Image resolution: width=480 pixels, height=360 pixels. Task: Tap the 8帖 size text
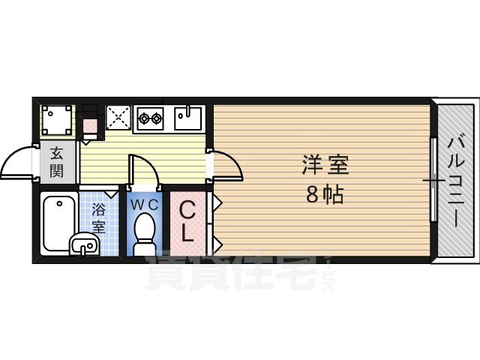pos(325,195)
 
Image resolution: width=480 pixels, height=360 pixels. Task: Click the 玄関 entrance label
pos(58,162)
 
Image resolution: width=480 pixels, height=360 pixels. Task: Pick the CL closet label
pos(188,220)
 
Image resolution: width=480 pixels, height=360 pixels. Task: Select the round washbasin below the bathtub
pos(83,244)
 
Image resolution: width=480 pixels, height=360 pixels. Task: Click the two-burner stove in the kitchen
pos(151,117)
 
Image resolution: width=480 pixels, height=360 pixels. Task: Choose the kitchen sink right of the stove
pos(188,117)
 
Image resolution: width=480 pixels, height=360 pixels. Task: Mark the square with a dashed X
pos(118,116)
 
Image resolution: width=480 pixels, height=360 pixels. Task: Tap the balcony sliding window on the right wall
pos(433,180)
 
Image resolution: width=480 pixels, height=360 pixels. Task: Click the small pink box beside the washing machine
pos(90,126)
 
